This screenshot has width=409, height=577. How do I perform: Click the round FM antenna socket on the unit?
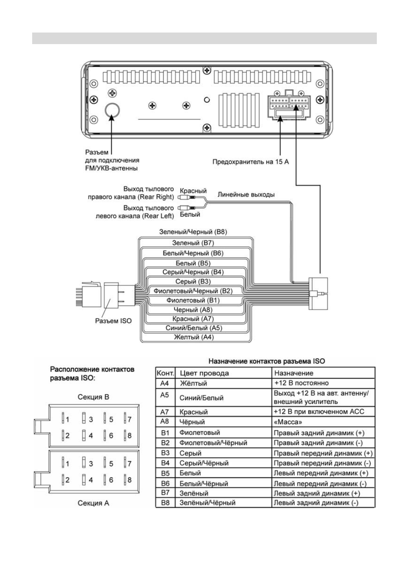point(112,110)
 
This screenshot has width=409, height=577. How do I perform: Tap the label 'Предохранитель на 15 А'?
point(250,161)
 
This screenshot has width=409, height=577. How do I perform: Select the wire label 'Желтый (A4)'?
point(194,337)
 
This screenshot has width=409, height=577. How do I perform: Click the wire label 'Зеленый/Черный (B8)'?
point(193,232)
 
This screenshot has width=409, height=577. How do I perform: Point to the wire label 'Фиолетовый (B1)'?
point(193,300)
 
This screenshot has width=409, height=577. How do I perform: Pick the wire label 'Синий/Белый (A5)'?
point(194,327)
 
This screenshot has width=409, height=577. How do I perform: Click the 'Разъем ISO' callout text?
point(113,321)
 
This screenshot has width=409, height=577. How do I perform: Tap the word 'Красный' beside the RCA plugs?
point(193,191)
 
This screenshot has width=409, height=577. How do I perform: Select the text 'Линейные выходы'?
point(246,194)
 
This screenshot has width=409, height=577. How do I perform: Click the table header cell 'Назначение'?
point(294,373)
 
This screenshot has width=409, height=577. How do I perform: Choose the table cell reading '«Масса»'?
point(288,422)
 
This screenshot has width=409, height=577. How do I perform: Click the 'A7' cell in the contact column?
point(165,412)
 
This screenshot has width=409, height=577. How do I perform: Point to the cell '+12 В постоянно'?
point(301,383)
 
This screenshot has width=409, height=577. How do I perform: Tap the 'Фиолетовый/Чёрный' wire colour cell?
point(213,443)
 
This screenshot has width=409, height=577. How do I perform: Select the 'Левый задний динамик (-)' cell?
point(316,503)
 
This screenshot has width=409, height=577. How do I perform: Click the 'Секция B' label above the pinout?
point(93,397)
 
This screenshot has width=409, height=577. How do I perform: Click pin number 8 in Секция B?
point(129,435)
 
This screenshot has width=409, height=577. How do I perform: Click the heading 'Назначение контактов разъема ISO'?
point(267,361)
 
